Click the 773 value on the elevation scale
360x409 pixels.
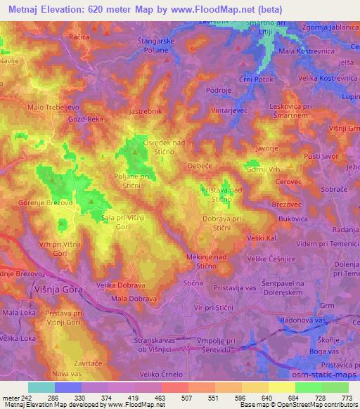click(346, 398)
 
